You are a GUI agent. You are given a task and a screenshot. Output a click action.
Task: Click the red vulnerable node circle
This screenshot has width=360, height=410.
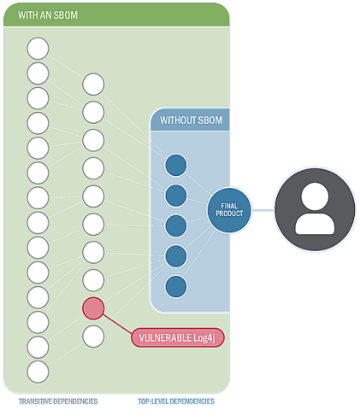click(93, 308)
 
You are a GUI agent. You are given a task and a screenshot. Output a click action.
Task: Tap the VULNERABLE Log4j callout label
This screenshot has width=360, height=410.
click(178, 337)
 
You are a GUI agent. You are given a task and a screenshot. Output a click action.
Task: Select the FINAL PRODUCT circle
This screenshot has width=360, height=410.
click(229, 210)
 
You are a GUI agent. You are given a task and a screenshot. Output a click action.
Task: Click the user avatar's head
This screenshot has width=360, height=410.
click(315, 196)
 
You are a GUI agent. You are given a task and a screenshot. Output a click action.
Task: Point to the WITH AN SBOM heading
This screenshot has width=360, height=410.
click(48, 15)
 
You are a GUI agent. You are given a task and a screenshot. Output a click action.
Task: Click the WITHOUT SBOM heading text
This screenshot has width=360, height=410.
click(192, 120)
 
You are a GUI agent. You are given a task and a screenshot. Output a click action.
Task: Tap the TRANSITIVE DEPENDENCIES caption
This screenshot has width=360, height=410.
click(58, 401)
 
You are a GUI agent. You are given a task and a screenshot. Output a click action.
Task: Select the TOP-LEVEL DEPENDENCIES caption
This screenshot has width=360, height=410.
click(176, 401)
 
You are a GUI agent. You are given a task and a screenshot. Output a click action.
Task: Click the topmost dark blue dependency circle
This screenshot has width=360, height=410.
click(176, 165)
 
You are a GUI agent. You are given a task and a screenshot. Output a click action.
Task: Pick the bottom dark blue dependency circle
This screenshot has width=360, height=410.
click(176, 286)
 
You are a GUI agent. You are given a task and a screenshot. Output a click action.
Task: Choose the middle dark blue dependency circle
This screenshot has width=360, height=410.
click(176, 225)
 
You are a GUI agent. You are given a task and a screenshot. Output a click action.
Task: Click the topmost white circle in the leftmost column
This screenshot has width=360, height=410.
click(38, 49)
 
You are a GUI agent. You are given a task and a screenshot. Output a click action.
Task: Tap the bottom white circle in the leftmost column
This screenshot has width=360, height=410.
click(38, 372)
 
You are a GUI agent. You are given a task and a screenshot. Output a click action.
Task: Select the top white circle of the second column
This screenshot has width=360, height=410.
click(93, 85)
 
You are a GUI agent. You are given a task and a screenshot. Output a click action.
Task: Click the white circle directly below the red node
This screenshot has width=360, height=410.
click(93, 337)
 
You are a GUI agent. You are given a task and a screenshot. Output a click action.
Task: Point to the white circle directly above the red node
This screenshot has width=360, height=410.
click(93, 280)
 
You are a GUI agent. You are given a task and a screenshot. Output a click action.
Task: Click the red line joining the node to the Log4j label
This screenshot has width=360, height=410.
click(117, 324)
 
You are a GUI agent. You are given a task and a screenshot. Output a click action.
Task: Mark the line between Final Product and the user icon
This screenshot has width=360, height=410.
click(263, 210)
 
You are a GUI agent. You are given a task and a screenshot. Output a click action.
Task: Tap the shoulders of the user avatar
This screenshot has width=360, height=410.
click(315, 224)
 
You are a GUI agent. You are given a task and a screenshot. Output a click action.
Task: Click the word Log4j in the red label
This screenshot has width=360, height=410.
click(204, 338)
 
